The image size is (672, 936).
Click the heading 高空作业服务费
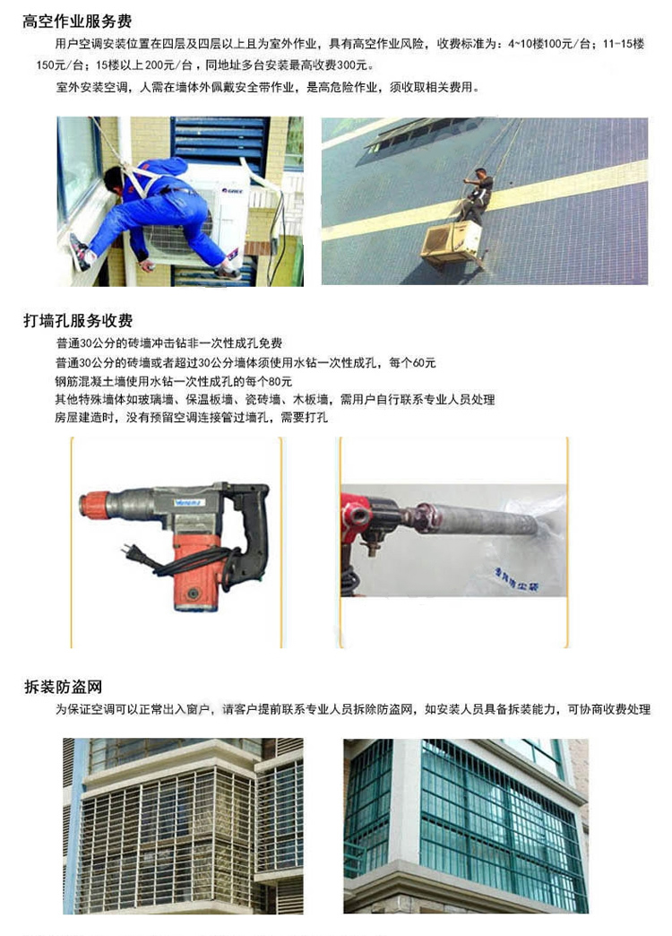pyautogui.click(x=77, y=22)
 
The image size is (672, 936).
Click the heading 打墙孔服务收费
pyautogui.click(x=78, y=321)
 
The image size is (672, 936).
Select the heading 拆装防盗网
pyautogui.click(x=64, y=687)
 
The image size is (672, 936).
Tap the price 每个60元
pyautogui.click(x=412, y=362)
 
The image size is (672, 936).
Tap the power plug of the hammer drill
pyautogui.click(x=133, y=554)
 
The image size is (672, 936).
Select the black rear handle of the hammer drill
pyautogui.click(x=250, y=532)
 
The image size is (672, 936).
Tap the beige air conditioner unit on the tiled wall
pyautogui.click(x=452, y=244)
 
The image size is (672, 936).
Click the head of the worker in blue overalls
pyautogui.click(x=114, y=179)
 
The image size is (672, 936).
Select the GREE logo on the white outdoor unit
pyautogui.click(x=232, y=190)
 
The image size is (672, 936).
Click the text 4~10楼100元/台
pyautogui.click(x=550, y=44)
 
